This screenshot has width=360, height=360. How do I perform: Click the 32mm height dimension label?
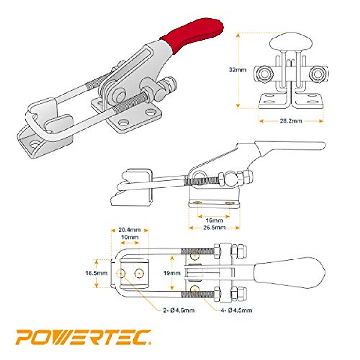click(x=237, y=70)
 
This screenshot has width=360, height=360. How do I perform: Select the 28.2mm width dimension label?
click(x=291, y=121)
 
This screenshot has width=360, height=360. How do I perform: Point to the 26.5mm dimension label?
click(x=214, y=228)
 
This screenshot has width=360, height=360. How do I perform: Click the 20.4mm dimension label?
click(x=130, y=230)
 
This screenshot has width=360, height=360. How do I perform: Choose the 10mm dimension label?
click(x=130, y=237)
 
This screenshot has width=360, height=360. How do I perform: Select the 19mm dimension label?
click(x=172, y=273)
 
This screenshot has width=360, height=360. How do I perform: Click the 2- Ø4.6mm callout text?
click(x=179, y=310)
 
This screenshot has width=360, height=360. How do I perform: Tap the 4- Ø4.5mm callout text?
click(x=236, y=310)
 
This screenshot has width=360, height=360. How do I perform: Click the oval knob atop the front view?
click(x=290, y=42)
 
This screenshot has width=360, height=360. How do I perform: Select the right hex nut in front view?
click(x=317, y=73)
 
